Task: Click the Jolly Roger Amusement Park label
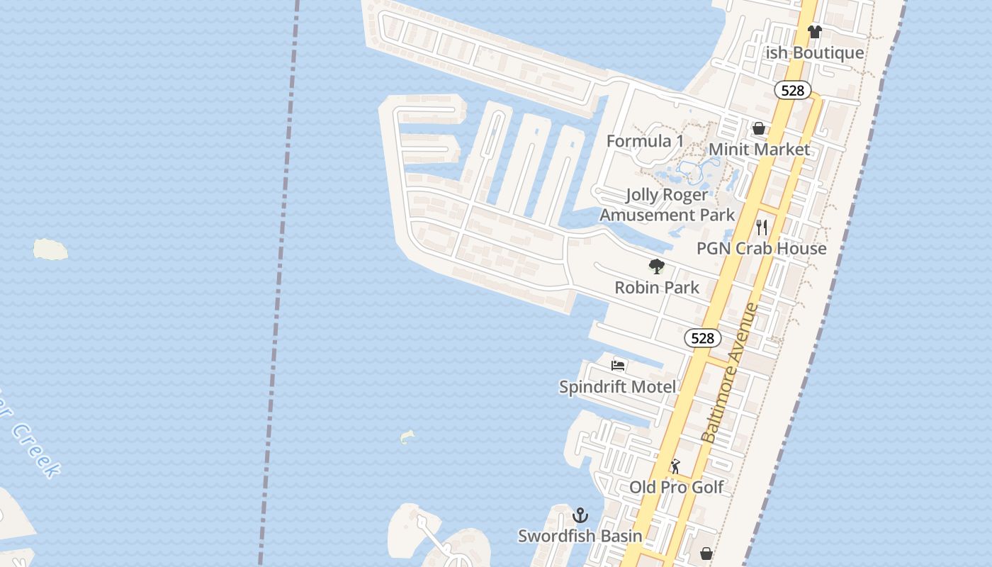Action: [x=667, y=205]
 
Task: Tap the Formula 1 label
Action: [x=645, y=141]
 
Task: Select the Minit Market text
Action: [x=759, y=150]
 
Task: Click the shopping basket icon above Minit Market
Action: [x=759, y=128]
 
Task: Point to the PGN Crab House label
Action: [x=761, y=248]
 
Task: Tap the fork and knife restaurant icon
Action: [x=762, y=227]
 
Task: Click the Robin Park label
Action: [x=657, y=287]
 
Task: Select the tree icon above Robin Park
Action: [x=657, y=266]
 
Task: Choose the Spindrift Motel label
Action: [x=617, y=386]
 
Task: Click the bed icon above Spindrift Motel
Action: [x=618, y=366]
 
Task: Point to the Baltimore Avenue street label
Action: [x=730, y=374]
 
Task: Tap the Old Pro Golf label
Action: [x=677, y=487]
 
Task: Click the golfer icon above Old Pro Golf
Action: [x=675, y=466]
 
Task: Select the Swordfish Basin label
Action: [x=580, y=536]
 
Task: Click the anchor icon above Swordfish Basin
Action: [x=581, y=515]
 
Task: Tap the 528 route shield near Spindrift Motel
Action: [x=702, y=338]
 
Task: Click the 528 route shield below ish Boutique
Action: [x=792, y=90]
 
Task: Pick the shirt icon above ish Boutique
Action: [x=814, y=31]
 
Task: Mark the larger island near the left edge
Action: [x=50, y=249]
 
